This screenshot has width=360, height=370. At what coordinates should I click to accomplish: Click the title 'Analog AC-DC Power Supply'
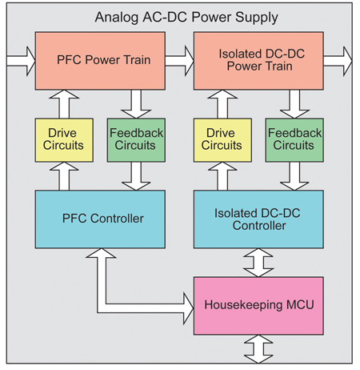[180, 16]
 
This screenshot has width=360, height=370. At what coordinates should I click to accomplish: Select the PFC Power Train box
[100, 60]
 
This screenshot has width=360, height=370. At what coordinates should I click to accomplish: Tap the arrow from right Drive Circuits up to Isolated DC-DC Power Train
[222, 102]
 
